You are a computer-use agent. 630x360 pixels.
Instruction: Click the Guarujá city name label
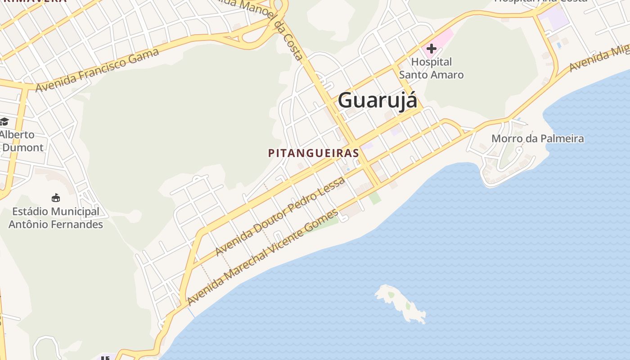point(378,100)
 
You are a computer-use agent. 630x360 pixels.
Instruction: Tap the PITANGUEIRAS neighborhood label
point(314,153)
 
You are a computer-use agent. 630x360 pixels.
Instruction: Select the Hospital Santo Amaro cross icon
point(431,48)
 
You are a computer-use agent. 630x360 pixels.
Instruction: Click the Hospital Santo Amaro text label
point(431,68)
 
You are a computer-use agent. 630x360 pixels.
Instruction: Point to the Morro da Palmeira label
point(537,139)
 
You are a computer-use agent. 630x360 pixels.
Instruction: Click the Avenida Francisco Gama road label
point(97,70)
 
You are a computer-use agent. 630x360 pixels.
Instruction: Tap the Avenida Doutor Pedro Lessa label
point(280,216)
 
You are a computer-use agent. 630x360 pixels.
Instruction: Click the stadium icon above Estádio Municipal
point(56,198)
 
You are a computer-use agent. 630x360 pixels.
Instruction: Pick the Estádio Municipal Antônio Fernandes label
point(56,218)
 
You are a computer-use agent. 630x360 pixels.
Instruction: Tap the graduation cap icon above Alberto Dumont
point(4,121)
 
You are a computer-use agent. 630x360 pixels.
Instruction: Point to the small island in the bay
point(401,303)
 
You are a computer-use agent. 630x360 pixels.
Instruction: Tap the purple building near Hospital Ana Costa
point(553,18)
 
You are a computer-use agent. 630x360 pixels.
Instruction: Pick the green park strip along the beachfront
point(322,225)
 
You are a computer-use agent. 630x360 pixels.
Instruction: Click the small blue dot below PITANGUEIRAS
point(348,170)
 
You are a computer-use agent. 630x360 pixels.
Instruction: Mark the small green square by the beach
point(375,198)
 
